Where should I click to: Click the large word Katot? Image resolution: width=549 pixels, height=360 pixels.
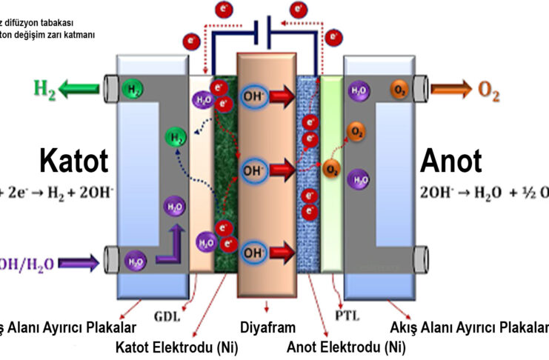73,160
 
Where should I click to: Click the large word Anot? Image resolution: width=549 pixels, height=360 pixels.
451,160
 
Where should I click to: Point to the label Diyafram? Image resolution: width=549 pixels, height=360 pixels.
267,327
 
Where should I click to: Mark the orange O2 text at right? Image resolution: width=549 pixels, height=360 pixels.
488,92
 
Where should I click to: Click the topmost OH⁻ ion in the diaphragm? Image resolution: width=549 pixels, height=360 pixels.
252,96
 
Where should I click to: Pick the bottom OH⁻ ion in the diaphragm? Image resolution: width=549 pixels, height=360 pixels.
252,252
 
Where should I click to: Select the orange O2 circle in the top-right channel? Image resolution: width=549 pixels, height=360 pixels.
399,91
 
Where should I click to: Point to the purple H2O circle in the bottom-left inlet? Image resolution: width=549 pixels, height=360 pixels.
134,261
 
